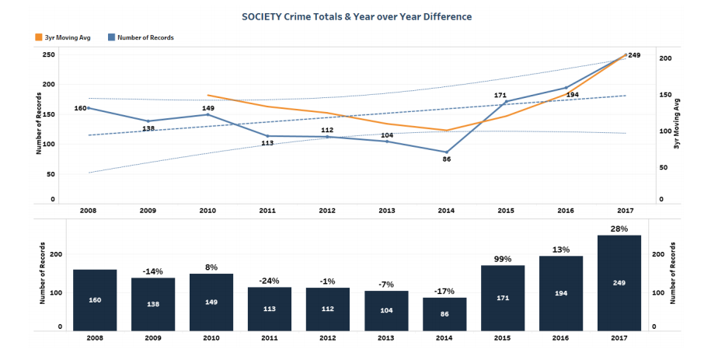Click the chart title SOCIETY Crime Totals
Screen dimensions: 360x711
(356, 16)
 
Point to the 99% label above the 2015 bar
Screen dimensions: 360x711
(502, 259)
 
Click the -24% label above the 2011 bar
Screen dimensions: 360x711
(269, 281)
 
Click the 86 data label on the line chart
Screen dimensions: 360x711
(446, 159)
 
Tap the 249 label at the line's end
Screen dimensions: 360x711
(634, 55)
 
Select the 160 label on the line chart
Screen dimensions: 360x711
(80, 108)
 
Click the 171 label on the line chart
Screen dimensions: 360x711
(500, 96)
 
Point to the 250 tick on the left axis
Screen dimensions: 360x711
(48, 54)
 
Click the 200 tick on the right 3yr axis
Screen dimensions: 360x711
(666, 58)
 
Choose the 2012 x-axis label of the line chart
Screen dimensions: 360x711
(327, 210)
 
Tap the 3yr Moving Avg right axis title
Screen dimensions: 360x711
(678, 124)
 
